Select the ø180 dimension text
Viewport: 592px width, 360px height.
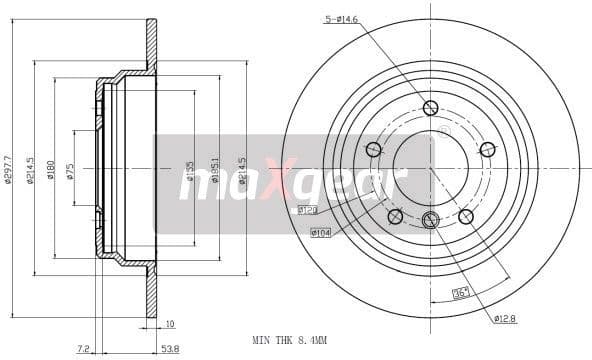[49, 169]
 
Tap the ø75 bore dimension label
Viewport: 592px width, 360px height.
[70, 170]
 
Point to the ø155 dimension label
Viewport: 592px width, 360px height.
[191, 171]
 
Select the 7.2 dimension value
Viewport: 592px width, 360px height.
[84, 349]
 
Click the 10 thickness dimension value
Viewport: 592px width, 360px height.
[169, 324]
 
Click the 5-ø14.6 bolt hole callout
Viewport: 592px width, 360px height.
[343, 18]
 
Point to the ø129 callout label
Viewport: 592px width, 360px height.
[307, 210]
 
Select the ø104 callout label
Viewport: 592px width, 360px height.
[320, 233]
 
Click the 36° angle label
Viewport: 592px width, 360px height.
[461, 293]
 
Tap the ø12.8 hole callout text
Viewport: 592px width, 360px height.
[506, 318]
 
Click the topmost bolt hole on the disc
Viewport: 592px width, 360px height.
[430, 108]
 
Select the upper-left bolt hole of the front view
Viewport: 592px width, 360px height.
[373, 150]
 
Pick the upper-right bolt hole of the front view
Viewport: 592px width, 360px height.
[487, 150]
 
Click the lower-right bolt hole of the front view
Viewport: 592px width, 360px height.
[465, 216]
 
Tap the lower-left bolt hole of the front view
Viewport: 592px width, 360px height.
[395, 216]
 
